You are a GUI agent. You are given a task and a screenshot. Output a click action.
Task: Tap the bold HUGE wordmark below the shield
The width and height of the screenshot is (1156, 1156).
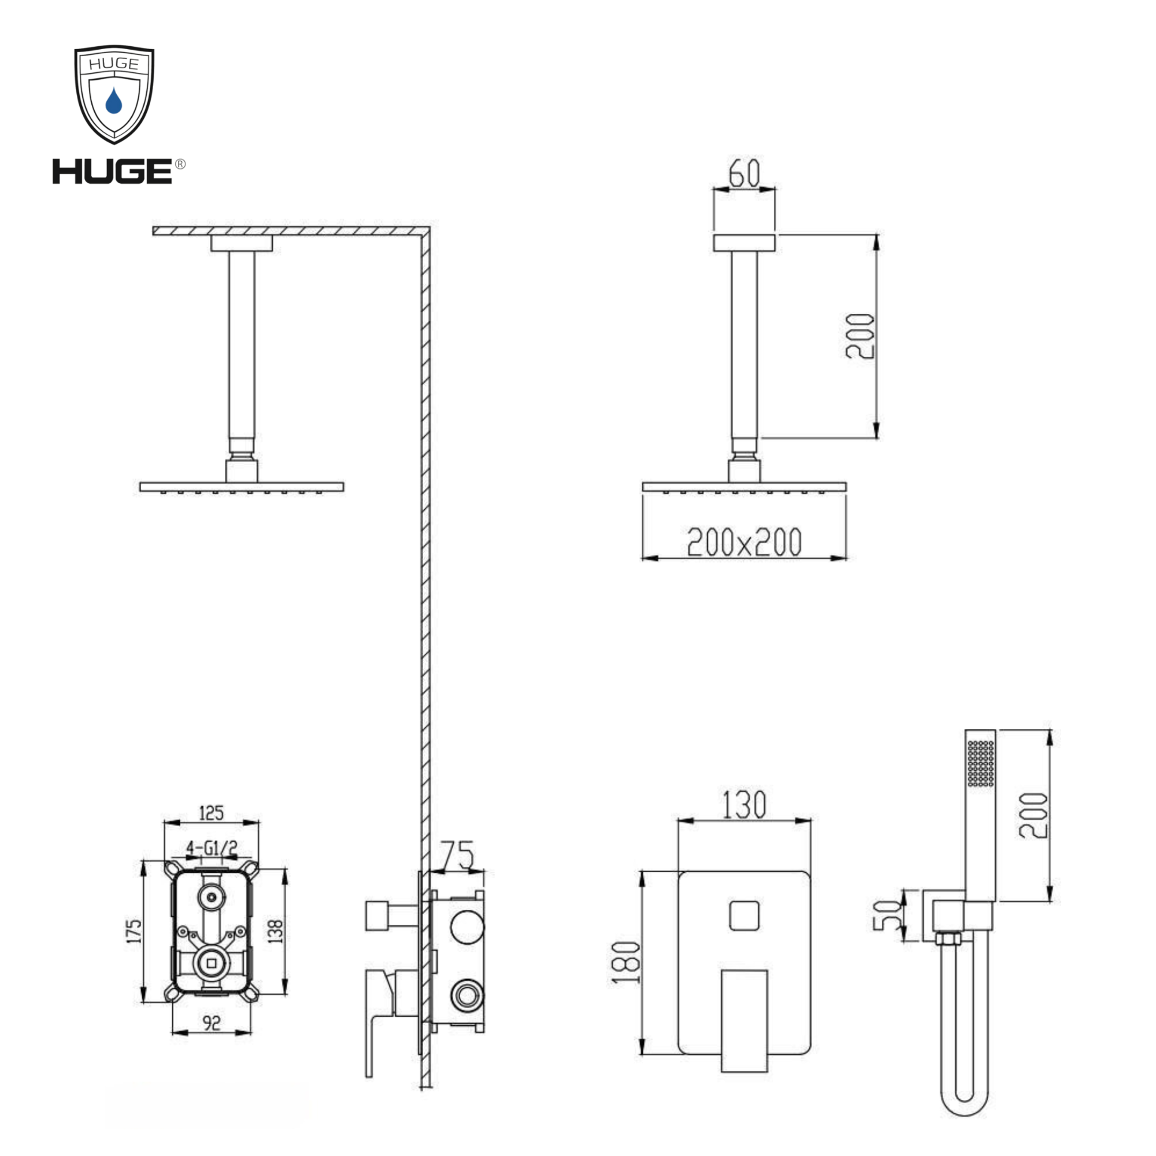(112, 171)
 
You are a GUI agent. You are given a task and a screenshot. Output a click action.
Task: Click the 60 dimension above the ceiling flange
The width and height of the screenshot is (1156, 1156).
(744, 173)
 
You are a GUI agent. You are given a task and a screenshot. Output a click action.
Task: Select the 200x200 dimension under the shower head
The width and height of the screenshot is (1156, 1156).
(744, 542)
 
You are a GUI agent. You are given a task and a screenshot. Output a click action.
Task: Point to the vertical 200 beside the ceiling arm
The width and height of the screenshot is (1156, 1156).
(860, 336)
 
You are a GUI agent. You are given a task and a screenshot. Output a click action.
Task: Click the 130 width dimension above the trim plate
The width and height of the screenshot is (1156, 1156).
(744, 804)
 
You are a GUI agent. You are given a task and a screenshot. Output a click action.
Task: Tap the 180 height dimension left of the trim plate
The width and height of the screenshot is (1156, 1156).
(626, 962)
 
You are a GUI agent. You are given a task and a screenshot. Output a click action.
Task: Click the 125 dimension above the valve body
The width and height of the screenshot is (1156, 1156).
(211, 813)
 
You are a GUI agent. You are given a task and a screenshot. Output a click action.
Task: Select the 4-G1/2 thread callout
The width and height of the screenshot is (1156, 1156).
(212, 848)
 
